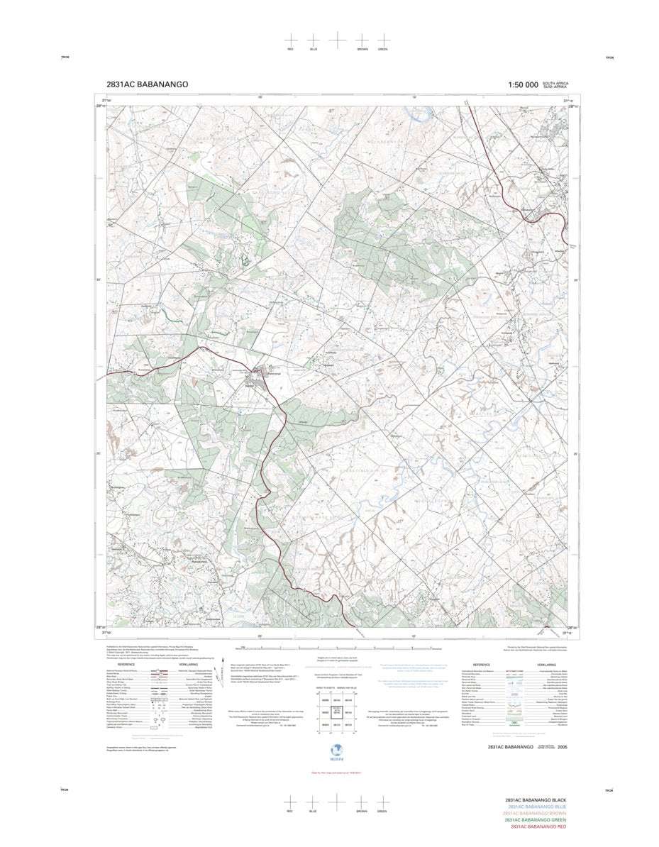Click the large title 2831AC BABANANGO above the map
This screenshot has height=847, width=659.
click(x=147, y=84)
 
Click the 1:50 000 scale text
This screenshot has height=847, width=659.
click(x=524, y=85)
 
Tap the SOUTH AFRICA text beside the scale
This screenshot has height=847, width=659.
click(x=556, y=83)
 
